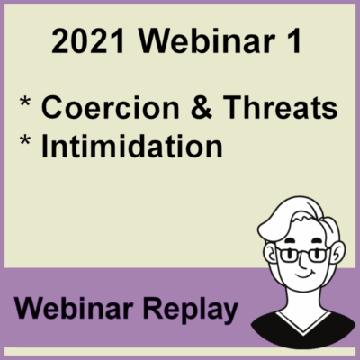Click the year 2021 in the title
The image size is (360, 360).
pos(88,40)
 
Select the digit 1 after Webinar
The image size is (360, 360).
pos(293,40)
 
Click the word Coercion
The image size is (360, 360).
pos(111,107)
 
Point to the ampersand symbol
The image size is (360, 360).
pos(202,107)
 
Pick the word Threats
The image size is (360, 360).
pos(281,107)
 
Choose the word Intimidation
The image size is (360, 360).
pos(132,146)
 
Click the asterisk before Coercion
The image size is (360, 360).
pos(25,102)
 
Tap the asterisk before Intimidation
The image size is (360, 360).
pos(25,140)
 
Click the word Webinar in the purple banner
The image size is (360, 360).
pos(74,308)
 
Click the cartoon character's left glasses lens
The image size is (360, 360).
pos(287,255)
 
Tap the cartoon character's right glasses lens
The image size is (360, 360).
pos(318,255)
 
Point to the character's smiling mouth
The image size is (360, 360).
pos(303,274)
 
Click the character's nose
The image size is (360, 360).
pos(302,262)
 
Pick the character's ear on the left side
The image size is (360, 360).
pos(271,252)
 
